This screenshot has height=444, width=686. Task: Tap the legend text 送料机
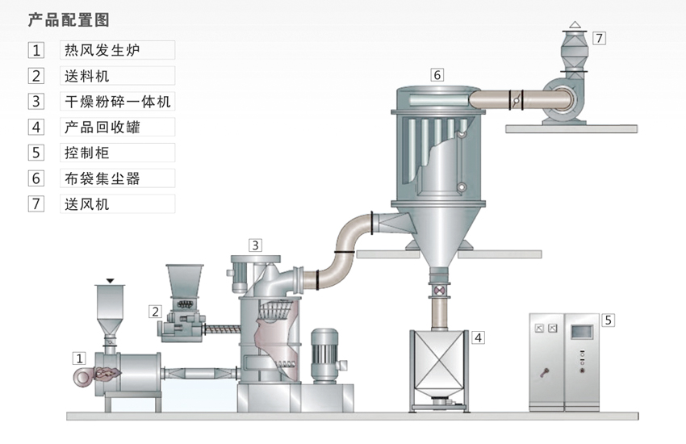click(86, 77)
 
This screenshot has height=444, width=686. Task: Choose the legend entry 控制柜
click(86, 153)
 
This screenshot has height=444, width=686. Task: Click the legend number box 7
click(36, 204)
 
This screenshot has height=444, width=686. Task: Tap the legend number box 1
click(36, 50)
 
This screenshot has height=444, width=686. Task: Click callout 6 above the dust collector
click(437, 75)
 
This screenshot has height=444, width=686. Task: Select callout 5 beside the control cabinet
click(609, 320)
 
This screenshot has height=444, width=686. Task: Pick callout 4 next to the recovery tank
click(479, 337)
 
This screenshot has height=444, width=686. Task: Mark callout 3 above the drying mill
click(255, 245)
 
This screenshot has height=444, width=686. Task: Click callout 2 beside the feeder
click(155, 311)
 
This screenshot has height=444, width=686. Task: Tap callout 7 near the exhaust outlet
click(598, 37)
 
